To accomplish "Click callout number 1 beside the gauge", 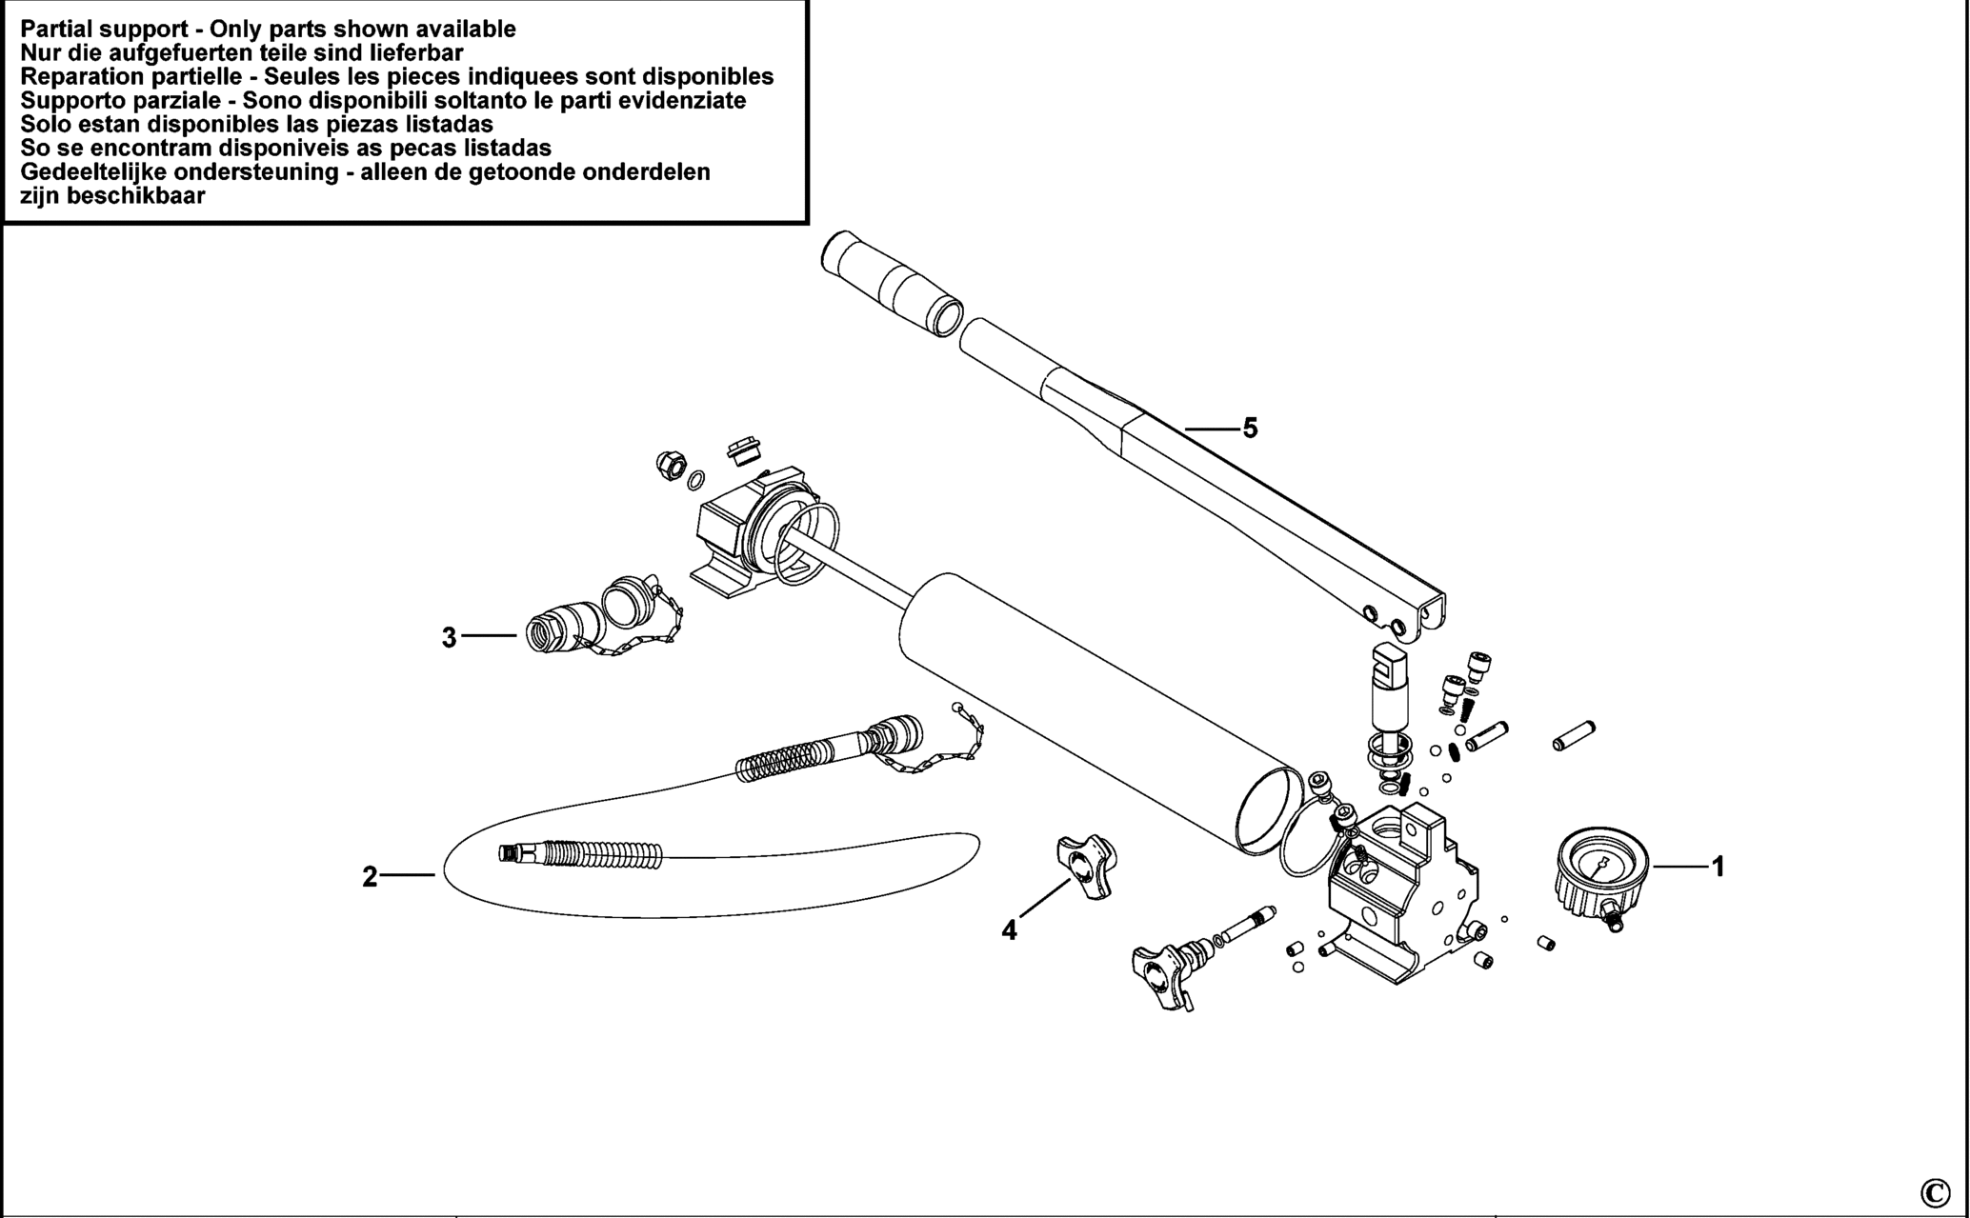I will pos(1719,868).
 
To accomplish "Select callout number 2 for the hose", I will pos(370,876).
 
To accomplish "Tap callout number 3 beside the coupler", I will pos(449,638).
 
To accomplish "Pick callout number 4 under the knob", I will pos(1009,930).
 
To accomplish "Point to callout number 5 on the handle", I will pos(1250,429).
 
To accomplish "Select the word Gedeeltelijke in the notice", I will pos(99,172).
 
